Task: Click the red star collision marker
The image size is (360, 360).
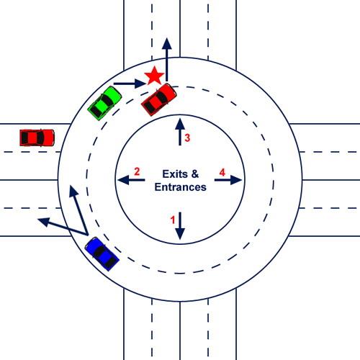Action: (154, 76)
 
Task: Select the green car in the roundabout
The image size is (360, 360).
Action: (104, 103)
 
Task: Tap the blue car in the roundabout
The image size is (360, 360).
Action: (102, 254)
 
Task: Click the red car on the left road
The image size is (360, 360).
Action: (37, 138)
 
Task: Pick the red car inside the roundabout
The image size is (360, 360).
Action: (159, 99)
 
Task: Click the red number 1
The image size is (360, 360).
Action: (173, 220)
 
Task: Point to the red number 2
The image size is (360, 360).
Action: (137, 171)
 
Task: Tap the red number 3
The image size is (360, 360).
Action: (187, 138)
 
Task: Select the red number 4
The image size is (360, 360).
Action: (222, 172)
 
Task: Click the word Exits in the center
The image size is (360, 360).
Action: (175, 174)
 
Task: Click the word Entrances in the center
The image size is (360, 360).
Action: (180, 187)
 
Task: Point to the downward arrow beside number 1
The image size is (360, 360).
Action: (180, 226)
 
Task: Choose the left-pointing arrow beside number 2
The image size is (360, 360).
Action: (131, 179)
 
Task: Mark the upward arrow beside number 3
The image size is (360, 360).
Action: (180, 132)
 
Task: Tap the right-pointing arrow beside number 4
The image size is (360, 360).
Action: (228, 180)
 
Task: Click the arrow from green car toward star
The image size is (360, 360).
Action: (130, 84)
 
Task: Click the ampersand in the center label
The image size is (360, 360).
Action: (195, 174)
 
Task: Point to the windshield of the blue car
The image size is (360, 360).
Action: (99, 251)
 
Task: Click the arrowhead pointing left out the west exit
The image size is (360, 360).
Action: (44, 222)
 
